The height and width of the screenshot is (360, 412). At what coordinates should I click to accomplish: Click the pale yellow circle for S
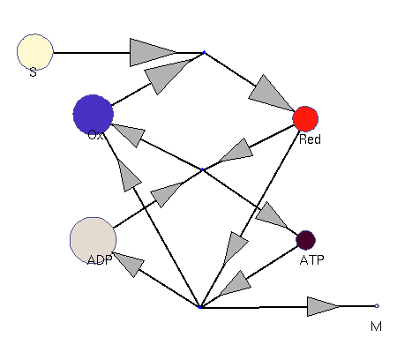pos(35,52)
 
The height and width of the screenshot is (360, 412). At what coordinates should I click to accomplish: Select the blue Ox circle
pos(94,115)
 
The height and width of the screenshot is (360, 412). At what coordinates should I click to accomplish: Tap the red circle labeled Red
pos(305,119)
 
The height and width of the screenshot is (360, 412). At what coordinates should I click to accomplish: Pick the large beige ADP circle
pos(93,240)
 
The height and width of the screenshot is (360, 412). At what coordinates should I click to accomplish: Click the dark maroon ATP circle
pos(306,240)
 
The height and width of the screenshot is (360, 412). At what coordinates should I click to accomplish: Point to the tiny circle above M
pos(377,306)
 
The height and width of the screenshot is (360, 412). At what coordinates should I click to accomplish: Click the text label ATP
pos(312,260)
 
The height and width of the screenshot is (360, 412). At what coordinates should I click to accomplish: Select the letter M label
pos(376,326)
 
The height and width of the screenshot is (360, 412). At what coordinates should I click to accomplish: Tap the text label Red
pos(310,139)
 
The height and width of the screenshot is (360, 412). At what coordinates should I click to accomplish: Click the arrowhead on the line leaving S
pos(152,52)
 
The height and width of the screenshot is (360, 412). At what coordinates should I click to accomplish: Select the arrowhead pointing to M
pos(322,306)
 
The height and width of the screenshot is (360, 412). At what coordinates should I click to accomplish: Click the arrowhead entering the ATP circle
pos(272,215)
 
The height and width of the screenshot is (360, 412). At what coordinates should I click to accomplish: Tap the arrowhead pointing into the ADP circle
pos(130,264)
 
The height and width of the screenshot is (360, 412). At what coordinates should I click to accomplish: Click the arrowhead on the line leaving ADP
pos(166,194)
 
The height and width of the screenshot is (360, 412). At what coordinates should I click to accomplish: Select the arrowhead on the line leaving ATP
pos(236,284)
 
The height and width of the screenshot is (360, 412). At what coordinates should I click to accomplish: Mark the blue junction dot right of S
pos(204,52)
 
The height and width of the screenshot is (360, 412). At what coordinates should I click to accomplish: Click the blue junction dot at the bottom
pos(200,307)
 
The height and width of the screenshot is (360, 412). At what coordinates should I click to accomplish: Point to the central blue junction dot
pos(202,169)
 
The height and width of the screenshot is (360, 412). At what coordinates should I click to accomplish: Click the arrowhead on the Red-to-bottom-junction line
pos(236,247)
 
